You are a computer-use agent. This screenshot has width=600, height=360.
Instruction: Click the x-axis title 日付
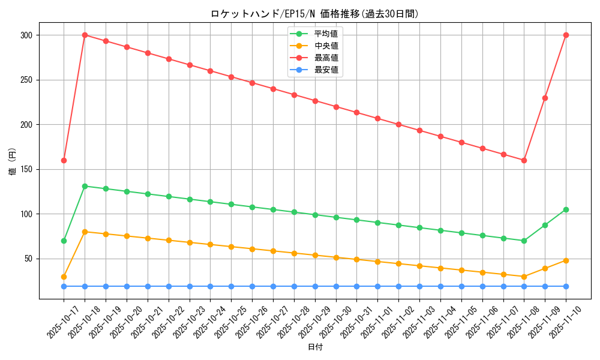(x=315, y=347)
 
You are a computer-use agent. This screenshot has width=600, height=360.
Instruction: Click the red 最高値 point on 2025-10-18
(x=85, y=35)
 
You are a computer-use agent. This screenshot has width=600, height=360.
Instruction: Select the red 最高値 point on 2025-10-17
(x=64, y=160)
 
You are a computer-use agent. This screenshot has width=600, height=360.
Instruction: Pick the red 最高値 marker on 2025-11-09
(x=545, y=98)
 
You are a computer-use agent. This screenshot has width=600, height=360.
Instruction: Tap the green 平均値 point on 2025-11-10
(x=566, y=209)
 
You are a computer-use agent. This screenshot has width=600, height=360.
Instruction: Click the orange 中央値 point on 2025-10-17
(x=64, y=277)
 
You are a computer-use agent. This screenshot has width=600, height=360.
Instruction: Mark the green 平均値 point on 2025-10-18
(x=85, y=186)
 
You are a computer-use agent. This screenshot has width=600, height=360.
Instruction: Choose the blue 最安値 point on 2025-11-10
(x=566, y=286)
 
